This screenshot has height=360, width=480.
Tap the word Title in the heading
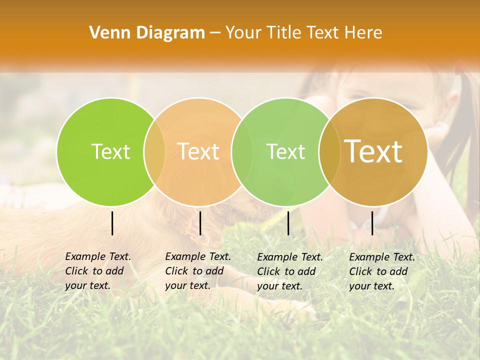[x=284, y=32]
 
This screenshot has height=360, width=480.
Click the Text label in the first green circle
[x=111, y=151]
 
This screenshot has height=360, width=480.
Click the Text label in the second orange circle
[x=198, y=151]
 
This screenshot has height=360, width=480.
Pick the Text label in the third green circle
[x=285, y=151]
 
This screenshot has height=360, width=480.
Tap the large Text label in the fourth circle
[x=373, y=151]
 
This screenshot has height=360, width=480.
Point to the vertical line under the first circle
[x=112, y=223]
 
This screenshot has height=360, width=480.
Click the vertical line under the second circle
[x=200, y=223]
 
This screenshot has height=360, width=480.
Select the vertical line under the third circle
[x=288, y=223]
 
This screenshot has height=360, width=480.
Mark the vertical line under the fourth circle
[x=372, y=223]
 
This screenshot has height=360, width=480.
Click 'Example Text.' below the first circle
[x=98, y=256]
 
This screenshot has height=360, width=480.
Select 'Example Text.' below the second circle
[x=198, y=256]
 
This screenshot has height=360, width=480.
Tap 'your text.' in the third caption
[x=279, y=286]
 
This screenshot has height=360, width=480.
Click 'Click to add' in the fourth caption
[x=378, y=271]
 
